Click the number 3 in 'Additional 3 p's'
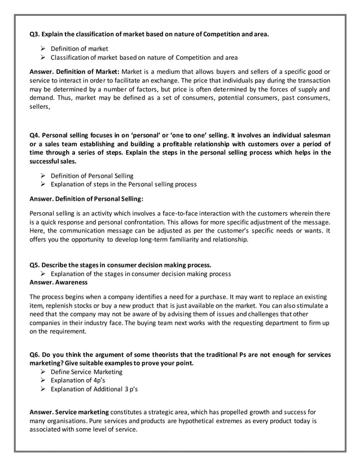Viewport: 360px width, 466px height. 126,389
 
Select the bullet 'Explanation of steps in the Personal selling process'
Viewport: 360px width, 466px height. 124,184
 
